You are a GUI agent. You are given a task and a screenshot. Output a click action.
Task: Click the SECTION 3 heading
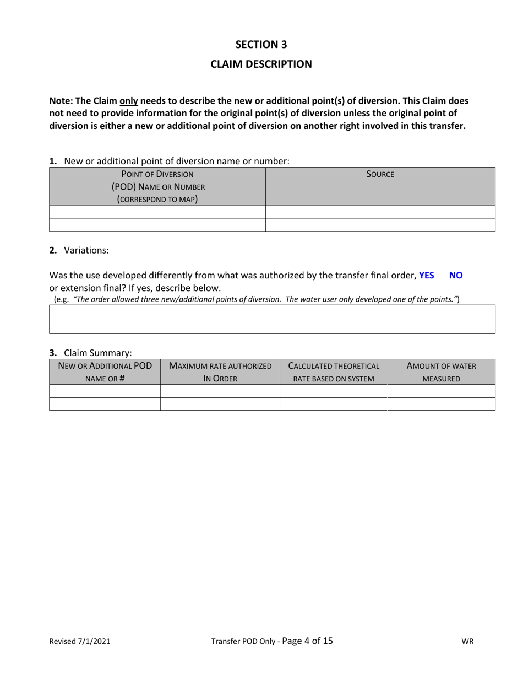click(261, 45)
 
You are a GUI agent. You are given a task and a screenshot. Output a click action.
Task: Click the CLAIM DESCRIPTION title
click(261, 64)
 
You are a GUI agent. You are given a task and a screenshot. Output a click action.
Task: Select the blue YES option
click(426, 275)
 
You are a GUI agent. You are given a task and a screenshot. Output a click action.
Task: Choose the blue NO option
click(456, 275)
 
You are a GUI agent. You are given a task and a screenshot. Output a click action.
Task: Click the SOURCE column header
click(380, 174)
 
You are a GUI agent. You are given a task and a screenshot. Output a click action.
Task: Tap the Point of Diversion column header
click(157, 186)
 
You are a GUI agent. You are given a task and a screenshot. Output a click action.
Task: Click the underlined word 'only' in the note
click(129, 101)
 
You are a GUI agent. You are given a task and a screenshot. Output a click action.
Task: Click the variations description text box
click(272, 319)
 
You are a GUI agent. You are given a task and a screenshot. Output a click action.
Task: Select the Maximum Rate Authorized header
click(220, 372)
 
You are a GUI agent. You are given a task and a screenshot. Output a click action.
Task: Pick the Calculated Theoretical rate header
click(334, 372)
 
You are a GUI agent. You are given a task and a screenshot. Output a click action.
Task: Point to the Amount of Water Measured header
click(441, 372)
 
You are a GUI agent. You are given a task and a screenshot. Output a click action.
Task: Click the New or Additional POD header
click(105, 372)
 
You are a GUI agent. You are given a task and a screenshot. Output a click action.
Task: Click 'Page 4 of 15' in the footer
click(307, 641)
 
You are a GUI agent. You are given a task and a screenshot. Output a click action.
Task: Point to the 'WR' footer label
click(467, 642)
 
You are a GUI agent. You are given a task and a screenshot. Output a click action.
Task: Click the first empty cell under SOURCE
click(380, 212)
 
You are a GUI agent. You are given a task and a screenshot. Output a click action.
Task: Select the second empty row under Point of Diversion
click(157, 224)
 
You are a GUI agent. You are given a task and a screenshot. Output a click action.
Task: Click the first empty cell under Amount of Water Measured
click(441, 391)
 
